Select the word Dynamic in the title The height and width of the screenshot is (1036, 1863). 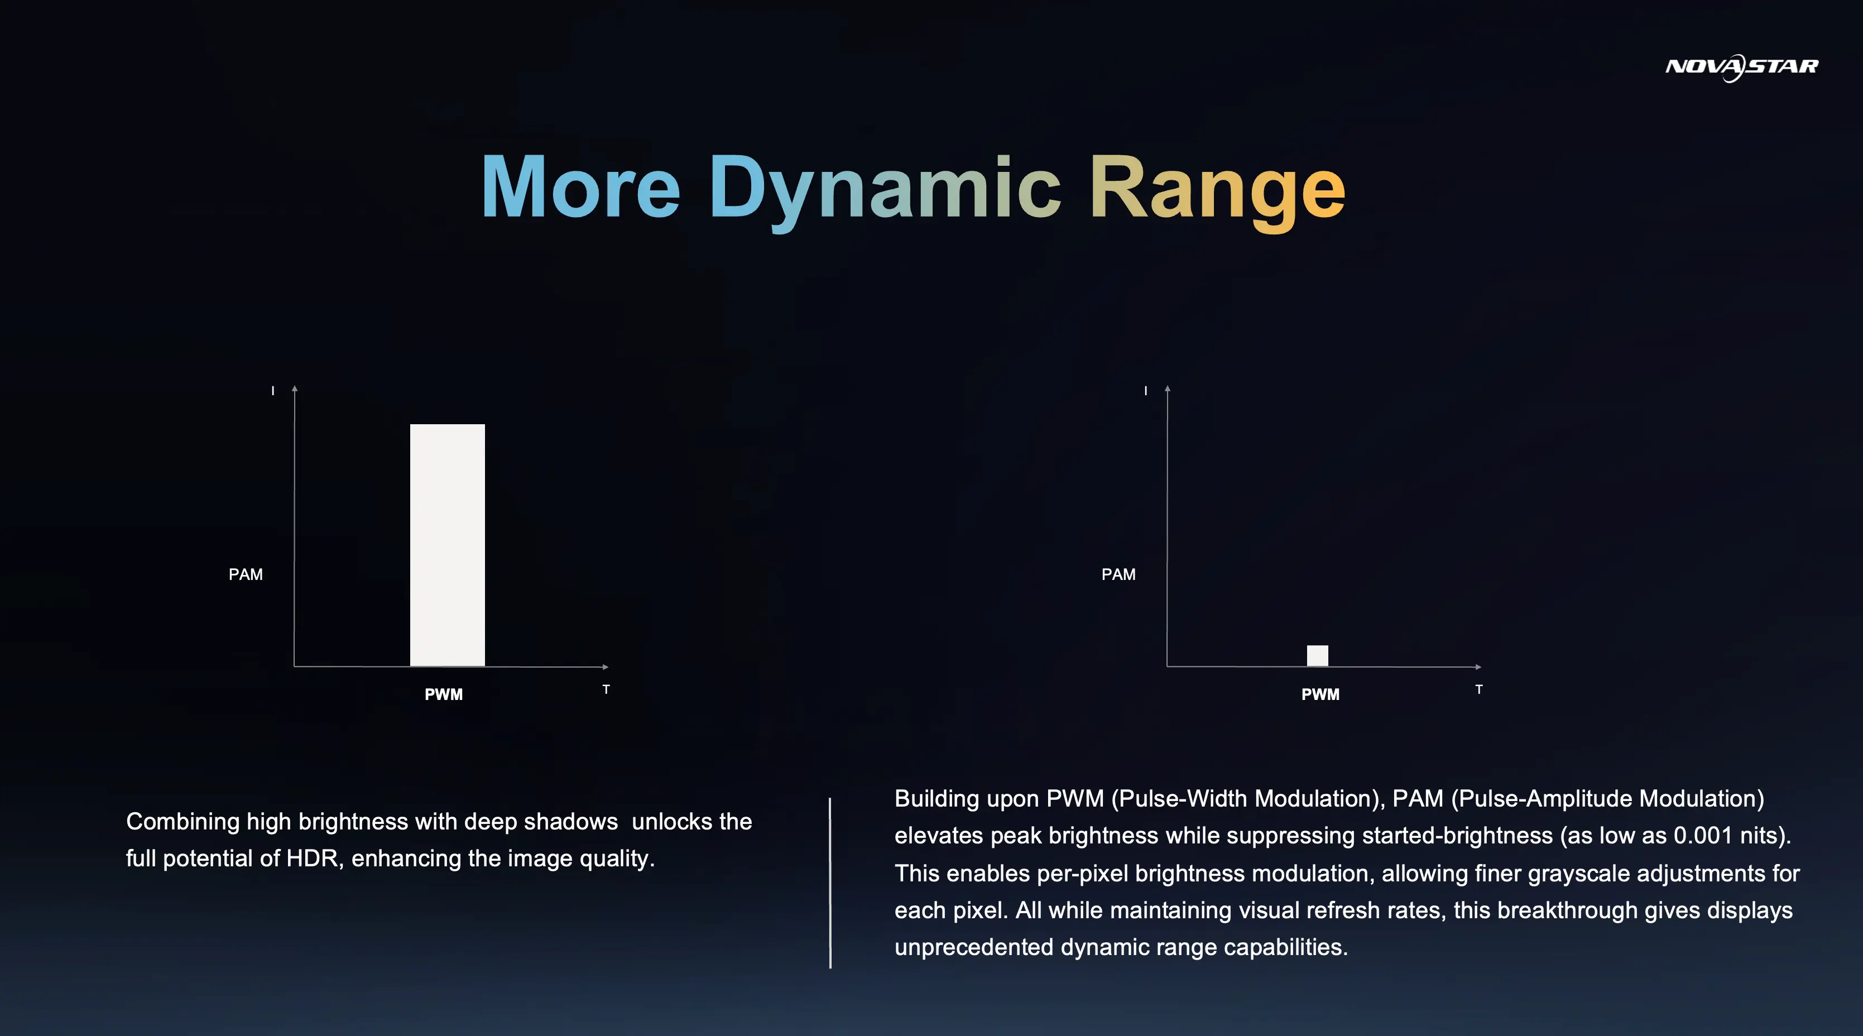click(x=885, y=191)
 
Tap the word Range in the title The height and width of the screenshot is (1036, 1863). click(x=1217, y=191)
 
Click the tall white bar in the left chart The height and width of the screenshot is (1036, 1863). click(x=447, y=545)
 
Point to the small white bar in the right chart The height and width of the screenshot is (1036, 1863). click(x=1317, y=655)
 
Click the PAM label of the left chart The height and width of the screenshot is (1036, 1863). click(x=246, y=574)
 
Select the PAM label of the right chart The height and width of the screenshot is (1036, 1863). click(x=1118, y=574)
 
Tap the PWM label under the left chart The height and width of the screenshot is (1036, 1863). click(x=443, y=694)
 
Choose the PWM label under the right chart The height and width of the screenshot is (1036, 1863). click(x=1320, y=694)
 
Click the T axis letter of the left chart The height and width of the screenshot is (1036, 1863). click(x=606, y=689)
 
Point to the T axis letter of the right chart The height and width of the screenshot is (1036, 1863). click(x=1479, y=689)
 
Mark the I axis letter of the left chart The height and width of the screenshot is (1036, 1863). click(x=273, y=391)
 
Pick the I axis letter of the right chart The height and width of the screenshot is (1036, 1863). click(x=1146, y=391)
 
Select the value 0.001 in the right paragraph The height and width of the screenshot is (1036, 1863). click(x=1703, y=836)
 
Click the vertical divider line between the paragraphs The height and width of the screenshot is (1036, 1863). click(x=830, y=882)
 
